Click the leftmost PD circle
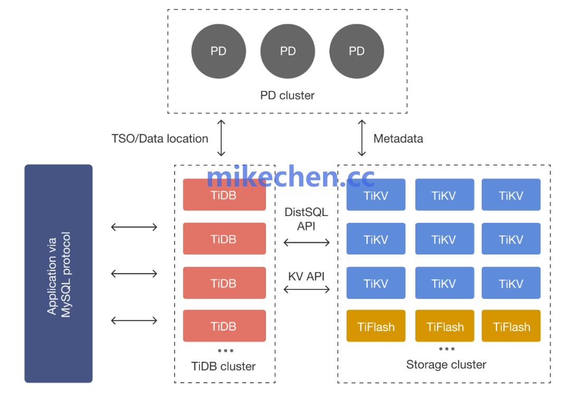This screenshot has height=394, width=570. [218, 51]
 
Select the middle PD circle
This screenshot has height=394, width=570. [288, 51]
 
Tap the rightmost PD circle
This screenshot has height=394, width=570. [357, 51]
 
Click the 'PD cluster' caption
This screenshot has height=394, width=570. [287, 96]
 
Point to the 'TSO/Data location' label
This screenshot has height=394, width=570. [160, 139]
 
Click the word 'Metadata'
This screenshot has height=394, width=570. [398, 139]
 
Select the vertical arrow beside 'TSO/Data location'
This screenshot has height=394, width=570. [221, 138]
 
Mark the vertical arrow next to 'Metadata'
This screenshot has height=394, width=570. [362, 138]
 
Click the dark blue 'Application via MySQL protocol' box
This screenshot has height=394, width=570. [59, 273]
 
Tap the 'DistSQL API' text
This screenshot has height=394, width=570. [306, 219]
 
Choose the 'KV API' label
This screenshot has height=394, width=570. [306, 276]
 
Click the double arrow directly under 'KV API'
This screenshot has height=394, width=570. [307, 289]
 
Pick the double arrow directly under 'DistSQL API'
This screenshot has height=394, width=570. [307, 242]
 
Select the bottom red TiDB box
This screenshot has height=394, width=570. [224, 326]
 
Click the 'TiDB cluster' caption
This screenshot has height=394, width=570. [223, 366]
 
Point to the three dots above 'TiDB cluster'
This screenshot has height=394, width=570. [225, 351]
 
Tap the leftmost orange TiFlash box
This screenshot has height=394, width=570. [376, 326]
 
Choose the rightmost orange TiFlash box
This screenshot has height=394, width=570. [511, 326]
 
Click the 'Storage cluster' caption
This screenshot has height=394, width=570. [446, 364]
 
